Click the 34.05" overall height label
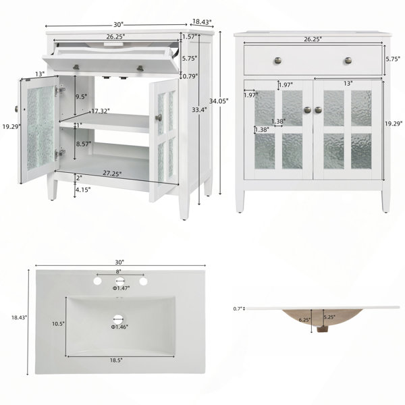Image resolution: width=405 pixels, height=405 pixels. [219, 101]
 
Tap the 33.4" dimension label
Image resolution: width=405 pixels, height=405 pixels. [199, 110]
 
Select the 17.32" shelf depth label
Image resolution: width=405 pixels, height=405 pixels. [101, 111]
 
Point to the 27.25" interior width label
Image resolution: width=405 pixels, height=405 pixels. [112, 173]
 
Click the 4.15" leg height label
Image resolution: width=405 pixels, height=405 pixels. [82, 190]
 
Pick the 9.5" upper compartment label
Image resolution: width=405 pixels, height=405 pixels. [82, 97]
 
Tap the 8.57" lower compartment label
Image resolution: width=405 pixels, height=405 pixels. [84, 144]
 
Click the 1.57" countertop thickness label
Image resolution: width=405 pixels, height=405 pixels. [190, 36]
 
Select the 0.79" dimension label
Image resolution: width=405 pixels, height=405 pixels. [190, 76]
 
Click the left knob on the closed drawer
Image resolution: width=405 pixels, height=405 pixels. [277, 61]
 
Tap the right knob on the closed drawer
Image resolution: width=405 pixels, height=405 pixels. [348, 61]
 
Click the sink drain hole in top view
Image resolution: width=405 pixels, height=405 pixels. [118, 319]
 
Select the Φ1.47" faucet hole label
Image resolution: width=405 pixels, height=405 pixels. [121, 288]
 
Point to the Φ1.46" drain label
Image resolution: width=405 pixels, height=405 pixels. [119, 327]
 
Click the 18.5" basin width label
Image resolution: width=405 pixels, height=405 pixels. [116, 360]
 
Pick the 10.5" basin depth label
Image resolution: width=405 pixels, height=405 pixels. [58, 323]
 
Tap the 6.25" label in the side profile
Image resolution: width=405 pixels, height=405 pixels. [304, 320]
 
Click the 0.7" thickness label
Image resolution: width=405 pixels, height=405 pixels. [238, 308]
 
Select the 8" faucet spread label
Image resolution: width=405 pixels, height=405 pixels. [119, 271]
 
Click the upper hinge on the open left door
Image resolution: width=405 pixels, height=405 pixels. [59, 90]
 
